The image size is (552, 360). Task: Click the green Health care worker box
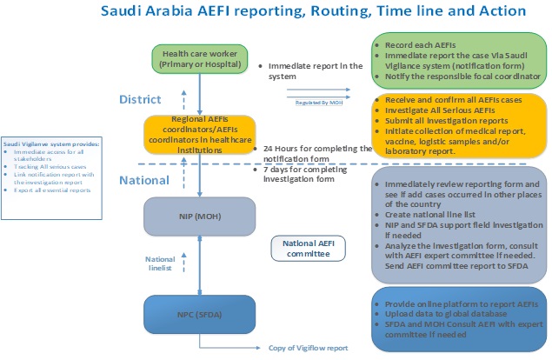tap(201, 59)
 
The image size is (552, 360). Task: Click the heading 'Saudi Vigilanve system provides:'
tap(51, 143)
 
